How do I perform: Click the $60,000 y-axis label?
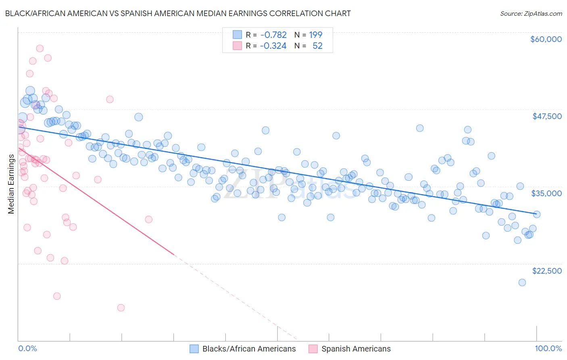[546, 39]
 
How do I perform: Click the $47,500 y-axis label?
[547, 116]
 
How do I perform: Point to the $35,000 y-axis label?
[546, 193]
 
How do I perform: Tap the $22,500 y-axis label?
[547, 271]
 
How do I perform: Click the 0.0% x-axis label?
[27, 348]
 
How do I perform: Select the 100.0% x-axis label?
[548, 348]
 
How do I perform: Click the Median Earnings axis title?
[11, 184]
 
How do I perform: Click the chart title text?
[178, 13]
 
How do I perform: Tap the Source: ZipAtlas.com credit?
[531, 13]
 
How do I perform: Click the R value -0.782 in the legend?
[273, 35]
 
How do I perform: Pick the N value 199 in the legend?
[316, 35]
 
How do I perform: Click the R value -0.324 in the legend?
[273, 46]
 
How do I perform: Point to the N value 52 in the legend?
[317, 46]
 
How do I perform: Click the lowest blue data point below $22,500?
[522, 283]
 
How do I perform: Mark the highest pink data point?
[40, 48]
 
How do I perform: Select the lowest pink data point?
[121, 308]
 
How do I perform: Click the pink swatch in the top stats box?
[237, 46]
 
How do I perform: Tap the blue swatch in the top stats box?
[237, 35]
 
